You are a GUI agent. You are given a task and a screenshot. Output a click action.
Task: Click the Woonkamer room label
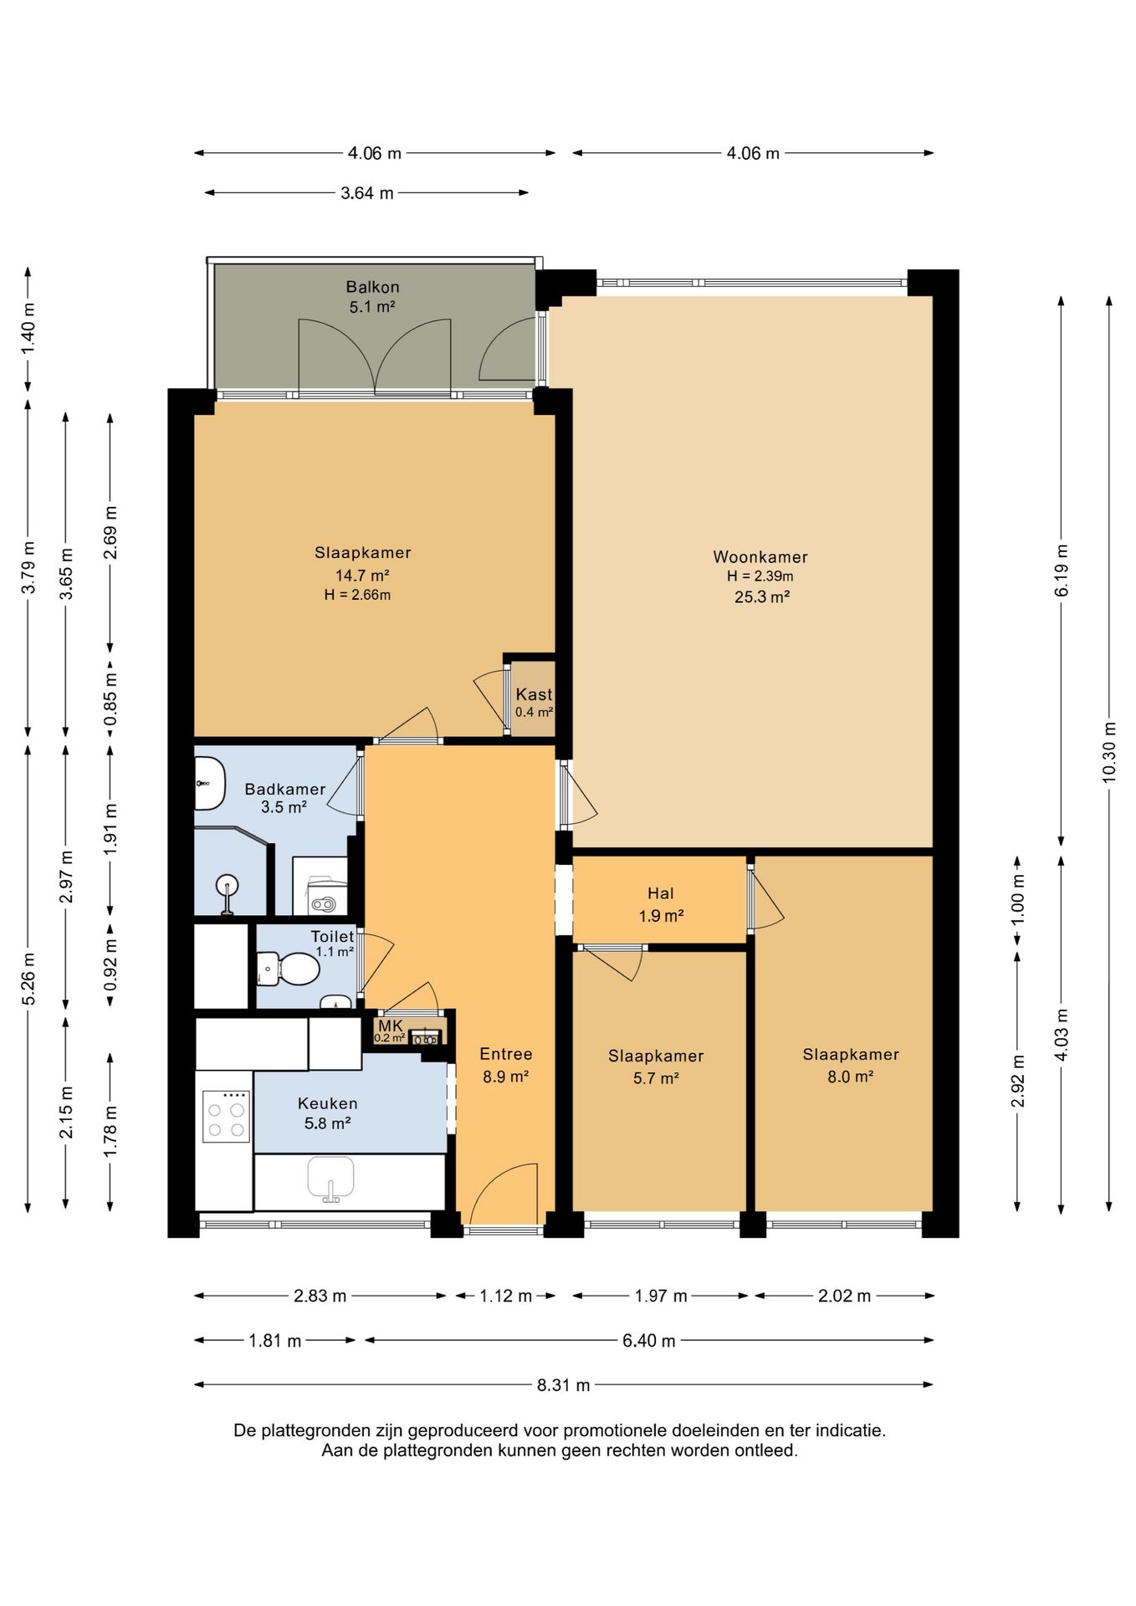760,557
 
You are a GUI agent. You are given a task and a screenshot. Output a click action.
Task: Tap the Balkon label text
372,288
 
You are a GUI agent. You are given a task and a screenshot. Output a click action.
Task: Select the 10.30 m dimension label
1109,751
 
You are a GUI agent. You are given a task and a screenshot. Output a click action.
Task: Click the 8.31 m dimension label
564,1385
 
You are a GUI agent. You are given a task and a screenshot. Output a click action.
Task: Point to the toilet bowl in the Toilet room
291,970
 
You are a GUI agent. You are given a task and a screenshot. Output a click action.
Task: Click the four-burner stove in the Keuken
227,1117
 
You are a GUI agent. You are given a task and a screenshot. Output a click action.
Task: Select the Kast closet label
534,694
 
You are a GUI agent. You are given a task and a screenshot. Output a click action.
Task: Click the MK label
391,1025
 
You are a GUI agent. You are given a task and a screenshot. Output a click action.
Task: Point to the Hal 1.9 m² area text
661,916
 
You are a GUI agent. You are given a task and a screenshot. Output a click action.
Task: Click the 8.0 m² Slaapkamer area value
851,1077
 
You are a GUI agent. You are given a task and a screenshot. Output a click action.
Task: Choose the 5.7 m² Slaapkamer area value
656,1078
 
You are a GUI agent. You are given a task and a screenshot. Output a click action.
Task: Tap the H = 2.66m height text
357,596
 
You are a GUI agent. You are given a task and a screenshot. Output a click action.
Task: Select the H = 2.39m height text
760,576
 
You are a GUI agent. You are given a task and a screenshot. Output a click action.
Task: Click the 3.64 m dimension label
367,193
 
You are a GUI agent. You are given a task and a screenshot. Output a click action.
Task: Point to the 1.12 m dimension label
506,1297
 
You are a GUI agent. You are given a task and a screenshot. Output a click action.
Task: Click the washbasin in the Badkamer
210,784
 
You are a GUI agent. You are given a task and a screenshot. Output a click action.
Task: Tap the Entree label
506,1055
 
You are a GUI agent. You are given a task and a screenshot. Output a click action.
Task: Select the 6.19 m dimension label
1062,570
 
